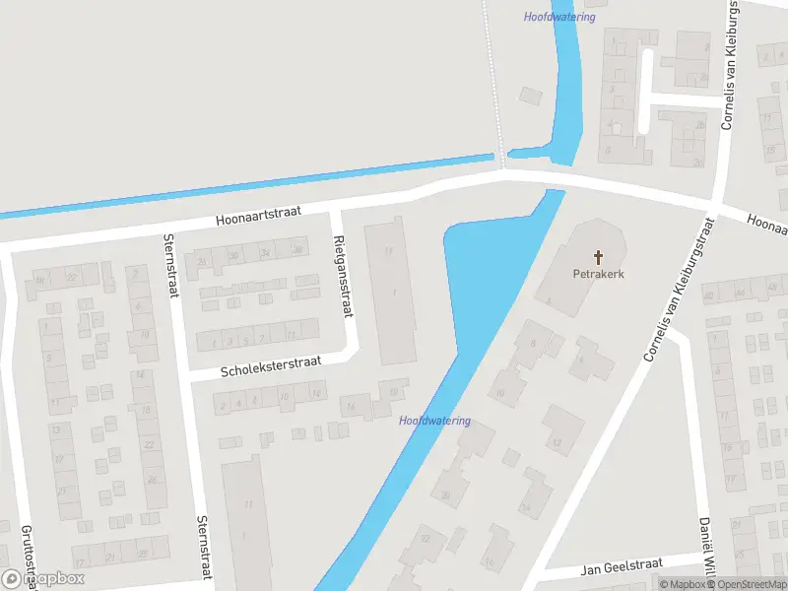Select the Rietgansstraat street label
point(343,277)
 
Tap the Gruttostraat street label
point(29,558)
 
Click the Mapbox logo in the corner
point(43,579)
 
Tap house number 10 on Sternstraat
point(144,335)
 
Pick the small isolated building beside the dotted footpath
point(531,96)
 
